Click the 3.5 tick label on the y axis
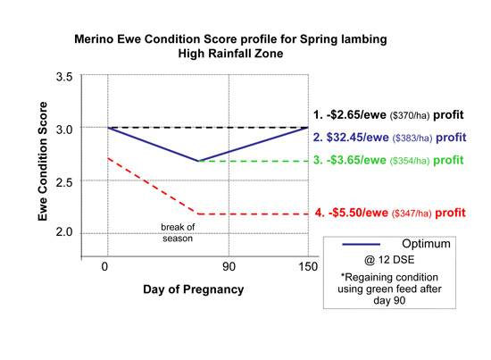pyautogui.click(x=64, y=77)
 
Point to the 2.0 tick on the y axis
pyautogui.click(x=64, y=232)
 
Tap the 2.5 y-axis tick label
pyautogui.click(x=64, y=182)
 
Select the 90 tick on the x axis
pyautogui.click(x=229, y=266)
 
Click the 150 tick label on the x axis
pyautogui.click(x=308, y=266)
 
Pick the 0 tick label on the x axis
pyautogui.click(x=104, y=266)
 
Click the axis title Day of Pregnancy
pyautogui.click(x=194, y=289)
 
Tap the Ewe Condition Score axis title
pyautogui.click(x=43, y=162)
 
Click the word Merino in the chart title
pyautogui.click(x=94, y=39)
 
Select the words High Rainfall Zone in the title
pyautogui.click(x=231, y=54)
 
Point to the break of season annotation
pyautogui.click(x=178, y=233)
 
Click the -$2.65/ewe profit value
pyautogui.click(x=356, y=115)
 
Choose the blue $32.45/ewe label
pyautogui.click(x=358, y=138)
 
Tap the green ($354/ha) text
pyautogui.click(x=409, y=161)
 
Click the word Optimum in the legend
pyautogui.click(x=426, y=244)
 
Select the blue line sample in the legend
pyautogui.click(x=361, y=245)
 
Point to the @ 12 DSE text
pyautogui.click(x=389, y=260)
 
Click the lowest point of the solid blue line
pyautogui.click(x=198, y=161)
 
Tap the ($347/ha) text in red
pyautogui.click(x=412, y=213)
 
